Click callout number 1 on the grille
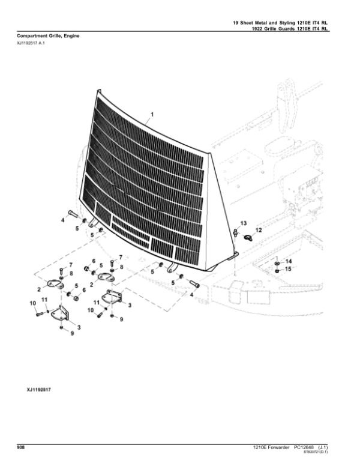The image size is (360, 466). pos(152,113)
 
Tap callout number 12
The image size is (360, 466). pos(259,229)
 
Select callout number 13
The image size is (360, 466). pos(243,223)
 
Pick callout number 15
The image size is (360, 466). pos(287,270)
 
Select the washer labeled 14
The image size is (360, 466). pos(275,263)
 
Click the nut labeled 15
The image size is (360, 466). pos(275,271)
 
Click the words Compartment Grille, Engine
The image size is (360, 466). pos(44,36)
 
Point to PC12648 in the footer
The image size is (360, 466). pos(306,447)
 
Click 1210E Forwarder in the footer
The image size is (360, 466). pos(272,447)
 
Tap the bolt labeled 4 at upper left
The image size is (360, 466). pos(72,214)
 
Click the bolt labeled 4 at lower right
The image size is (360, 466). pos(194,283)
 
